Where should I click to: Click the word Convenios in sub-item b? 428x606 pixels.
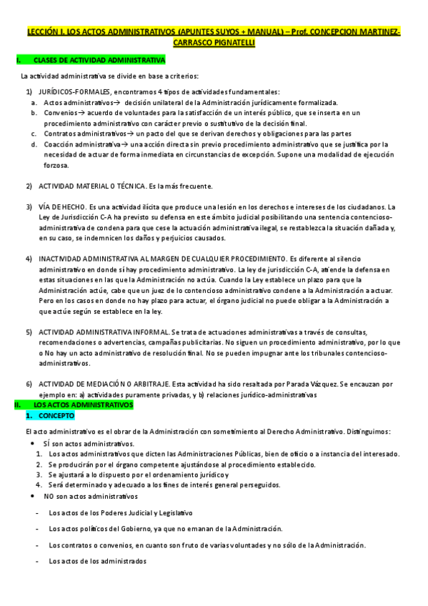58,113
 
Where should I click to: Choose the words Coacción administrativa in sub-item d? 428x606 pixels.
83,144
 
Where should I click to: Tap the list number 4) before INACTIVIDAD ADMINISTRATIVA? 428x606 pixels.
29,258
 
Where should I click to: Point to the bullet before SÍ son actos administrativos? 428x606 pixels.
33,444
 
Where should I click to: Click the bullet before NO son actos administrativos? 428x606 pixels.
33,496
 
